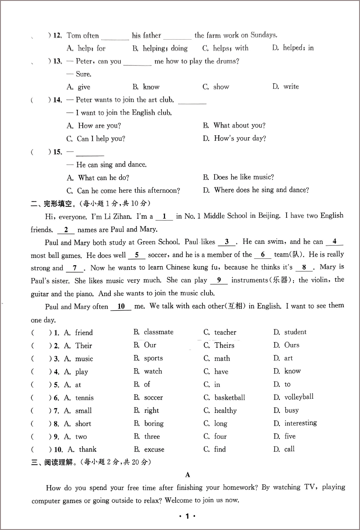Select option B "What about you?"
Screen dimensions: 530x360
pos(239,125)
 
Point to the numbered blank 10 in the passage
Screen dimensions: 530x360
pos(121,307)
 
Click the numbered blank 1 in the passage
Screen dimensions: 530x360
pos(164,216)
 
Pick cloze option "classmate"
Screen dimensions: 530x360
pos(159,332)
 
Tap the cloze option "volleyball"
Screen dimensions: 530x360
pos(299,397)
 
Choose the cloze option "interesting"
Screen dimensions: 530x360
pos(300,423)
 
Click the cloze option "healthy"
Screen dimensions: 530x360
pos(226,411)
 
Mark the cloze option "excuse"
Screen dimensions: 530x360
pos(154,449)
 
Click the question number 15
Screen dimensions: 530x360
pos(58,152)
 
